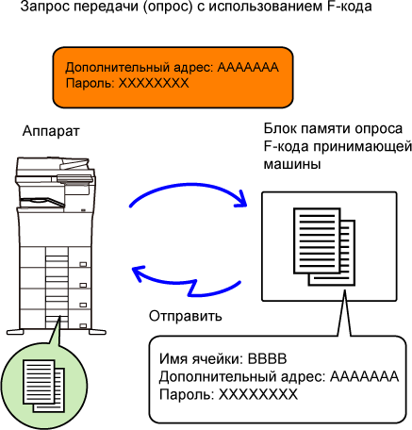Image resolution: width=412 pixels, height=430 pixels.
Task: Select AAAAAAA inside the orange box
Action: click(248, 67)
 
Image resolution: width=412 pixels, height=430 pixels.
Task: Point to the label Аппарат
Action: click(51, 131)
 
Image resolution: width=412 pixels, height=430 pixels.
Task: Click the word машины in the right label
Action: click(292, 164)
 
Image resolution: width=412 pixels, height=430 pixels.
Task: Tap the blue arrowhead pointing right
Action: click(241, 199)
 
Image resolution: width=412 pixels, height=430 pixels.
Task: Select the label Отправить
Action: click(186, 316)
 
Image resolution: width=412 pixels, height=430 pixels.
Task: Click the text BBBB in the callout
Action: click(268, 358)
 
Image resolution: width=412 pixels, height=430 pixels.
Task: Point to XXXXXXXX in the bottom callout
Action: click(258, 394)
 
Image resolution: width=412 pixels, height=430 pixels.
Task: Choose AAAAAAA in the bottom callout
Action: click(364, 376)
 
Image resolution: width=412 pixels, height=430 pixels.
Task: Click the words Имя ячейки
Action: click(201, 358)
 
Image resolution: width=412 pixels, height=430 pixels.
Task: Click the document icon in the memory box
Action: click(324, 246)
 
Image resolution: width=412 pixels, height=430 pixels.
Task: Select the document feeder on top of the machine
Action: click(55, 167)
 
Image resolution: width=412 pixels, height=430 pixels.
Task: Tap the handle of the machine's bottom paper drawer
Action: click(83, 326)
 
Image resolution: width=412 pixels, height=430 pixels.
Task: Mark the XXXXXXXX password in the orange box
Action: click(154, 83)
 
